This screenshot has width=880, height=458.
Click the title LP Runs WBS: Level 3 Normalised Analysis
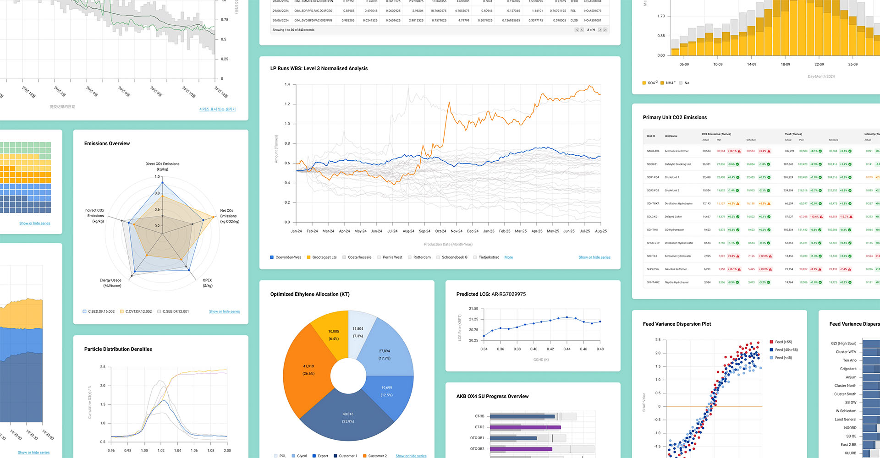coord(319,68)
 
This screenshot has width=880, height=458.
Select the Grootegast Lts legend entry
coord(324,257)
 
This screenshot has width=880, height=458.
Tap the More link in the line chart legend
coord(508,257)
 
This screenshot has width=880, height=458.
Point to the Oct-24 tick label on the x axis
coord(440,231)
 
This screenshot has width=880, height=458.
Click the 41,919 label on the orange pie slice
coord(308,366)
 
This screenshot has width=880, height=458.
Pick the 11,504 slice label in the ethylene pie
coord(357,329)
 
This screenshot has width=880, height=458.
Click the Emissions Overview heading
coord(107,143)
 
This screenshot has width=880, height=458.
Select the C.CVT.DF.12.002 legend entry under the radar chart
coord(138,311)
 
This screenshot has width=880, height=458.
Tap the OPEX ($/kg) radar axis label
coord(208,283)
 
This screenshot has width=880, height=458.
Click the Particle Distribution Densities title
coord(118,349)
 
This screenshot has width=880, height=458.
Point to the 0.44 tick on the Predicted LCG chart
coord(567,349)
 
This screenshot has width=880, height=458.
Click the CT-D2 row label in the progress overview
coord(479,427)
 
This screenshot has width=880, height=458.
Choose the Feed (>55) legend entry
coord(783,342)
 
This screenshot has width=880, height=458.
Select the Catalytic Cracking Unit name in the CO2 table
coord(678,164)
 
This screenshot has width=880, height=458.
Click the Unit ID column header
coord(651,136)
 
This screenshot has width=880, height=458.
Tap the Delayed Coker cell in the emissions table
coord(673,217)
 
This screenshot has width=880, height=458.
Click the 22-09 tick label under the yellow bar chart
coord(819,65)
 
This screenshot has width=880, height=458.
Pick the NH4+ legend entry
coord(670,83)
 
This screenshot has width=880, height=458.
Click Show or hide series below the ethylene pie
coord(411,456)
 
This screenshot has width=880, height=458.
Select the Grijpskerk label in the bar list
coord(848,369)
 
